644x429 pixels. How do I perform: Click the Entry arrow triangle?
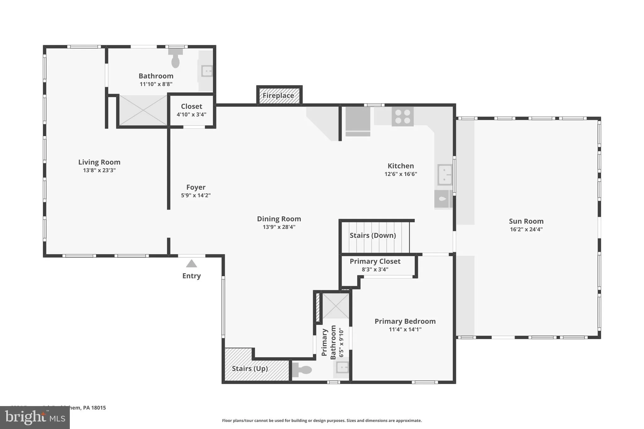[191, 264]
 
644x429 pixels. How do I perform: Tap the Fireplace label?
[278, 96]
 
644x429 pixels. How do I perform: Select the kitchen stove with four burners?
[402, 117]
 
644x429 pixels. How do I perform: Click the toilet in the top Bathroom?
[175, 59]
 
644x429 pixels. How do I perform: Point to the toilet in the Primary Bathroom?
[302, 370]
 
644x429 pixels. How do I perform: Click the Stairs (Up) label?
[250, 369]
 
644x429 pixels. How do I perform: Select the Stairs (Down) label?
[373, 235]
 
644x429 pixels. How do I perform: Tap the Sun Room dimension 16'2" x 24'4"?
[526, 229]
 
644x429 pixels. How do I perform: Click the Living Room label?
[99, 162]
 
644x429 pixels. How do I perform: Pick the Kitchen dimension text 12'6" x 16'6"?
[401, 174]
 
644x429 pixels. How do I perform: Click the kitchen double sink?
[445, 175]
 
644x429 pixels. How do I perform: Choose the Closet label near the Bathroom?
[192, 107]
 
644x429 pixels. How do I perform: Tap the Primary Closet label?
[375, 261]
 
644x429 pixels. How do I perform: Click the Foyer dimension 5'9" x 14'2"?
[196, 195]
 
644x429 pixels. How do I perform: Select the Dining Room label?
[279, 219]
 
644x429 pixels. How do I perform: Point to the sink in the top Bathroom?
[207, 71]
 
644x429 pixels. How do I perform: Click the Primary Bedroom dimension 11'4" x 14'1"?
[405, 329]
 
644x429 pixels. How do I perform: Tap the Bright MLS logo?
[35, 417]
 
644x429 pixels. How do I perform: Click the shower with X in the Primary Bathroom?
[336, 306]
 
